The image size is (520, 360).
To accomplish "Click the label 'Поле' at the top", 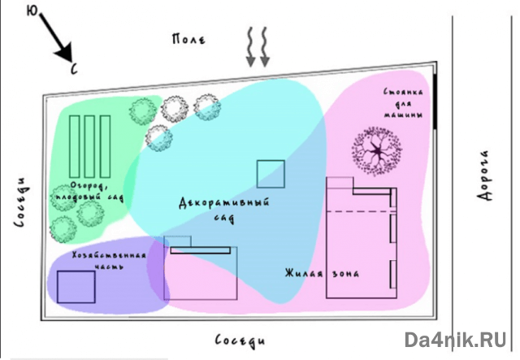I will point(189,38).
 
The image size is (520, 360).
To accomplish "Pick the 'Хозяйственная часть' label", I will point(109,261).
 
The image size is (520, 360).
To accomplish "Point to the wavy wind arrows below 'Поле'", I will point(258,46).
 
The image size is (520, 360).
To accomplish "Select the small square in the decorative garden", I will point(271,174).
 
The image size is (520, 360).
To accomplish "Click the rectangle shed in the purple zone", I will point(76,287).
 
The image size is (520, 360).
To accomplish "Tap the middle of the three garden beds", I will point(89,146).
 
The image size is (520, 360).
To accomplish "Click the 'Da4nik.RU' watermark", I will point(457,340).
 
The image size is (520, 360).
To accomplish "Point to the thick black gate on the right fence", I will point(436,102).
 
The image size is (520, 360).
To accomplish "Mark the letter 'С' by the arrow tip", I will point(74,70).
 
